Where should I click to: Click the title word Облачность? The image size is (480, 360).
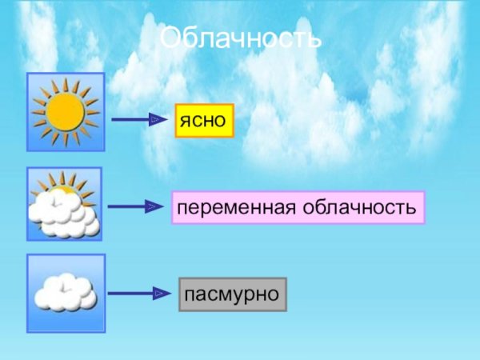(240, 38)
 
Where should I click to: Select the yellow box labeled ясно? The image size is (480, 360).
(204, 120)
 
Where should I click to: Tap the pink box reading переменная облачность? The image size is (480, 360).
(298, 207)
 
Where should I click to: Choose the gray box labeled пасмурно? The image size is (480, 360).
(232, 294)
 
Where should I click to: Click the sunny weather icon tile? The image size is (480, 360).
(66, 112)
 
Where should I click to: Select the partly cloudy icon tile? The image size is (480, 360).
(65, 204)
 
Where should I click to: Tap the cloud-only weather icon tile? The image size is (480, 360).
(66, 293)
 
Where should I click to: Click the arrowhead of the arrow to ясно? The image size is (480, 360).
(159, 120)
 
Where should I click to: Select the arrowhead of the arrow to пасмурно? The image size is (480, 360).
(159, 294)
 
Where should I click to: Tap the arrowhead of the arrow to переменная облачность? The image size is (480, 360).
(155, 207)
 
